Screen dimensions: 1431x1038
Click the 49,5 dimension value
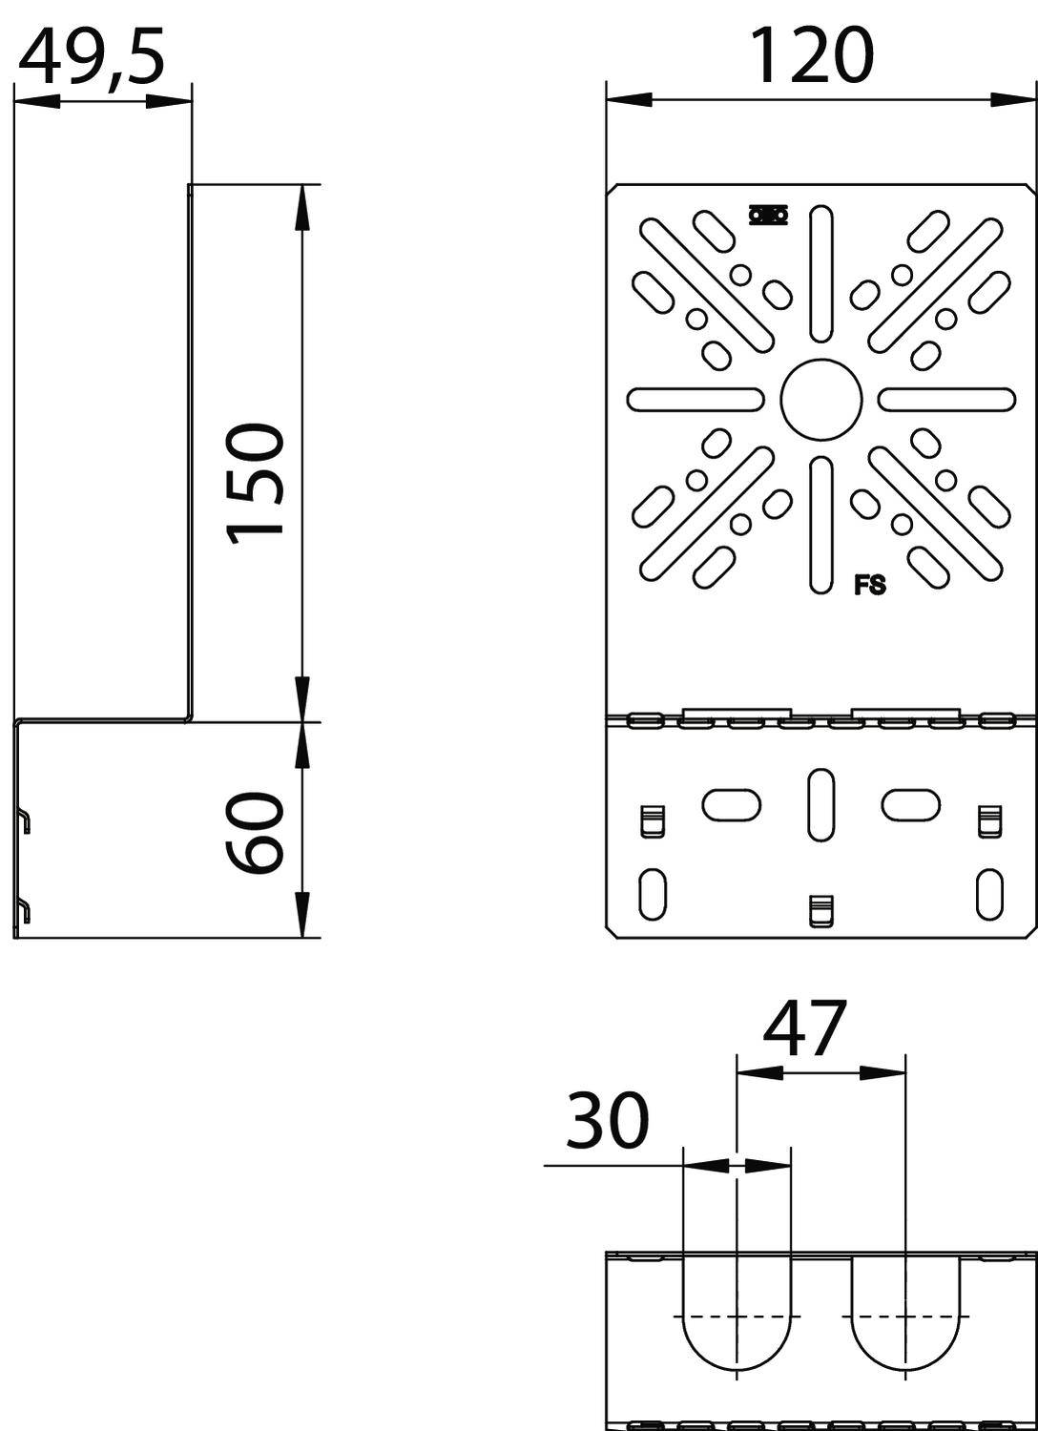click(92, 57)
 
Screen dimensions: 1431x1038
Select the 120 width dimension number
click(811, 55)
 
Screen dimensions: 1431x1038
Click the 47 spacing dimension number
click(804, 1029)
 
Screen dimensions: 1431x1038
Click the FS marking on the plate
click(869, 586)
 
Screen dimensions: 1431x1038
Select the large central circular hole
click(820, 400)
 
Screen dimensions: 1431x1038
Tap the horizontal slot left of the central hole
click(695, 400)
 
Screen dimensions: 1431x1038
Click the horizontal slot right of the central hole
click(946, 400)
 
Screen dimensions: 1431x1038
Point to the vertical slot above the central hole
click(820, 274)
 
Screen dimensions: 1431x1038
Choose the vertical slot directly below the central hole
click(820, 525)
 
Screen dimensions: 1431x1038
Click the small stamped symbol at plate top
click(768, 216)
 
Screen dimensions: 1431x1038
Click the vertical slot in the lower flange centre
click(820, 804)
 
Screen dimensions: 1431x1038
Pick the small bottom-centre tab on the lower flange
click(820, 910)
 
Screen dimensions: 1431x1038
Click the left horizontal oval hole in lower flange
click(732, 804)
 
